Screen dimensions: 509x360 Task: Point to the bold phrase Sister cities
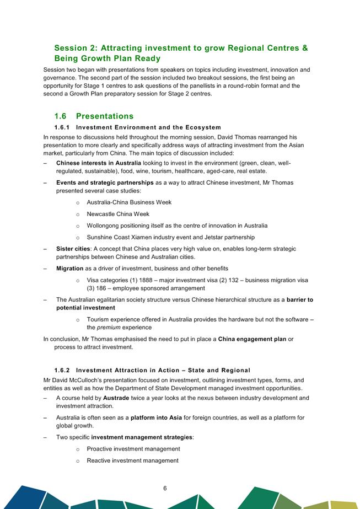[73, 249]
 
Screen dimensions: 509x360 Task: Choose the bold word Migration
[70, 268]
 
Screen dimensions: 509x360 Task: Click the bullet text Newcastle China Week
[118, 214]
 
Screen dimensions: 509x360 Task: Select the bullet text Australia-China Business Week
[129, 202]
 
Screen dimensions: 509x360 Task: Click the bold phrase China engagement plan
[252, 339]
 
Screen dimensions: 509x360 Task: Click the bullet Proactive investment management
[133, 449]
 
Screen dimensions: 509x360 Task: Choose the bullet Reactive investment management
[132, 460]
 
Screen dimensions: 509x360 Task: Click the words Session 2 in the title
[77, 48]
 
